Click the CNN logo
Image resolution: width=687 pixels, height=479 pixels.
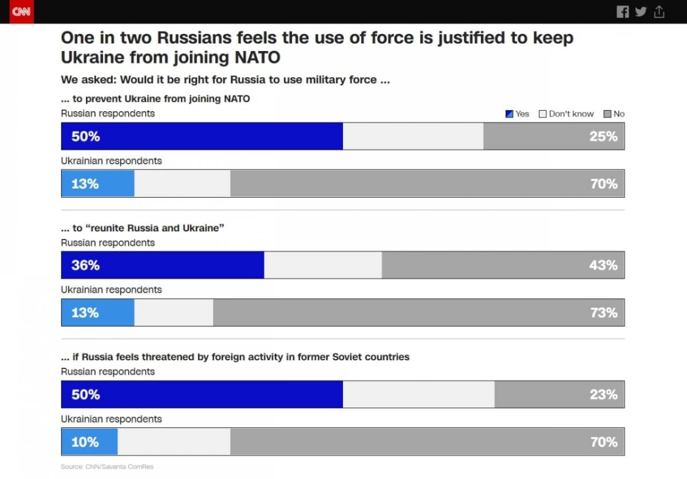[21, 11]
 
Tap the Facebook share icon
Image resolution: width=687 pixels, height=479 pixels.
[622, 12]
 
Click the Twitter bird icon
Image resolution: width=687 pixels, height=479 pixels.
[641, 11]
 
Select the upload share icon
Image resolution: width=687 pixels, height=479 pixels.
[659, 11]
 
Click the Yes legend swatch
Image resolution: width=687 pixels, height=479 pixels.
[509, 114]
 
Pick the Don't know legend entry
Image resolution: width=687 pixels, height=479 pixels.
[566, 114]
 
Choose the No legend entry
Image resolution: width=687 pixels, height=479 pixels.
[614, 114]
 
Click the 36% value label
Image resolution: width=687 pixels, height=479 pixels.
[85, 265]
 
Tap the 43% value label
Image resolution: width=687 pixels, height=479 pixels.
[603, 265]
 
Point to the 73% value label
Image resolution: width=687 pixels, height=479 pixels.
[603, 313]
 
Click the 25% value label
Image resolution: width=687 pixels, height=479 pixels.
[603, 136]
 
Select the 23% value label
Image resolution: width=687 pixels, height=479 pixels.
[603, 395]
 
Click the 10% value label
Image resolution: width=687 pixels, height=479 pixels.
[85, 442]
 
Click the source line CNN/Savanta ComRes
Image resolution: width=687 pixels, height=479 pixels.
[107, 467]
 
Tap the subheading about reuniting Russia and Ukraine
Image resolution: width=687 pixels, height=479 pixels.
[142, 228]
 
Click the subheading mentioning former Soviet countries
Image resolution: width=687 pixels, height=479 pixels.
[235, 357]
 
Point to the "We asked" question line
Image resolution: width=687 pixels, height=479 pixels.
[225, 80]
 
